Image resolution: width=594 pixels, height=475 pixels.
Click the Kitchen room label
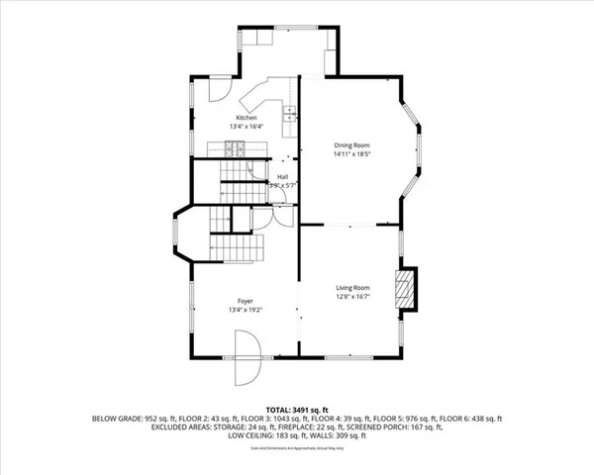click(247, 118)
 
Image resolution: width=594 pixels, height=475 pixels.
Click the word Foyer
click(246, 301)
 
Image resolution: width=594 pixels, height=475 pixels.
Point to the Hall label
click(282, 177)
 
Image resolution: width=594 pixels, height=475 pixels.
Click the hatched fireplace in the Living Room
click(406, 288)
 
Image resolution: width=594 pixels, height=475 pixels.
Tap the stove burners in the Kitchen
click(236, 149)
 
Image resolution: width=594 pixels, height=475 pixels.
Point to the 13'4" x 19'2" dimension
click(246, 310)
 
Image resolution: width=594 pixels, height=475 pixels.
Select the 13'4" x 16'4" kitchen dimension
click(247, 127)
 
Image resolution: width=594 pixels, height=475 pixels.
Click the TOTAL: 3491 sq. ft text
click(297, 409)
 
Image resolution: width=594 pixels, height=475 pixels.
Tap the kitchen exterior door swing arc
click(222, 95)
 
